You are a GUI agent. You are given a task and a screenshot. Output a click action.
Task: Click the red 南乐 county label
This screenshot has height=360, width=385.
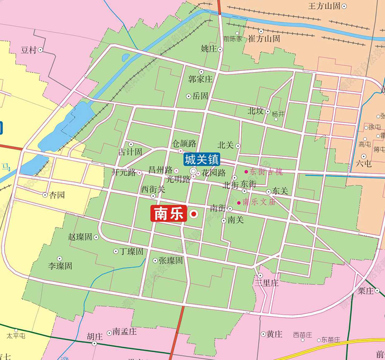point(168,214)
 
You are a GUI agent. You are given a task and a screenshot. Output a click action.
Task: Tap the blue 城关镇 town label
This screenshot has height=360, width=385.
point(201,159)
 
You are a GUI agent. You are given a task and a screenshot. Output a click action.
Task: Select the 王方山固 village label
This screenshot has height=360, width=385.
point(324,6)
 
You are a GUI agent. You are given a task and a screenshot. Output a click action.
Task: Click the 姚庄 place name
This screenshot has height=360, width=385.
point(209,49)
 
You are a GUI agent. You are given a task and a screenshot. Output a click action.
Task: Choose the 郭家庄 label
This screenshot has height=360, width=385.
point(200,80)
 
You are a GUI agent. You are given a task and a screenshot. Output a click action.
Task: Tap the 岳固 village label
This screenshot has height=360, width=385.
point(200,96)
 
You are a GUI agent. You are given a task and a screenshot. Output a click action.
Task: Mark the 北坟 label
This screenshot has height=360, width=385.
point(255,111)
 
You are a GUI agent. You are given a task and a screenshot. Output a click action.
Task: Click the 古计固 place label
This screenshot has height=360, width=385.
point(130,152)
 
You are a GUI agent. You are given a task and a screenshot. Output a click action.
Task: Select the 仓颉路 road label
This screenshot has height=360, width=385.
point(184,144)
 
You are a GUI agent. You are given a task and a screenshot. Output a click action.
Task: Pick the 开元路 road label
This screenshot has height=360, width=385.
point(124,172)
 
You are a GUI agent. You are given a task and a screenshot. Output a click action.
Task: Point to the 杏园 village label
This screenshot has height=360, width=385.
point(57,195)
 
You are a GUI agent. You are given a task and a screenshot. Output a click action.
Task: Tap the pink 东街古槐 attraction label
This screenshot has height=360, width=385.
point(266,172)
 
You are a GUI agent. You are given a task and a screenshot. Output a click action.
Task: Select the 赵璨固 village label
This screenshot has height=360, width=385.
point(80,237)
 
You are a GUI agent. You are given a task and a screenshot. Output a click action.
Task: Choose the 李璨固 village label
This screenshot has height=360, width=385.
point(60,266)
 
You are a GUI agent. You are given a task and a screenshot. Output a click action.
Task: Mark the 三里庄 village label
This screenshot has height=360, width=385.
point(266,283)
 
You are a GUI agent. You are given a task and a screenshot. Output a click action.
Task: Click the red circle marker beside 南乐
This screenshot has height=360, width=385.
point(194,214)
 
